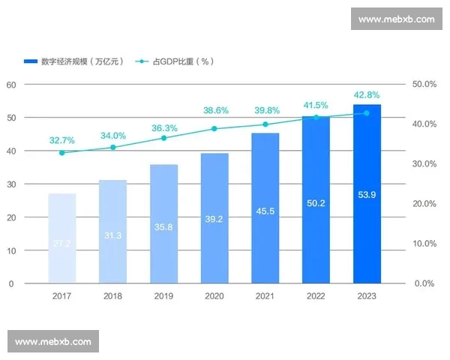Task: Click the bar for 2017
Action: [62, 238]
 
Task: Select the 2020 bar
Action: [214, 218]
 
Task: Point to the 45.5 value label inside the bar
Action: [265, 211]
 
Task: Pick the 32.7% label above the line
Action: [62, 140]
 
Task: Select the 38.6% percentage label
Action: [215, 110]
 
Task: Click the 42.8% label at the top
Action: [367, 95]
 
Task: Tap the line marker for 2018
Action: [113, 147]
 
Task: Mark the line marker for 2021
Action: [265, 124]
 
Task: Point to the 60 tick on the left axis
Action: [11, 85]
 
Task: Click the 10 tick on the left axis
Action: [11, 250]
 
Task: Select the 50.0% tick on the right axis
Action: [424, 85]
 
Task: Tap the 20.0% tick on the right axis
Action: [424, 204]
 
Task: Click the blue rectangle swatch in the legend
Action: [31, 61]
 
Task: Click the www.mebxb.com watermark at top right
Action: [396, 19]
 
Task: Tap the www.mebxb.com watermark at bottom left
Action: [53, 341]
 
